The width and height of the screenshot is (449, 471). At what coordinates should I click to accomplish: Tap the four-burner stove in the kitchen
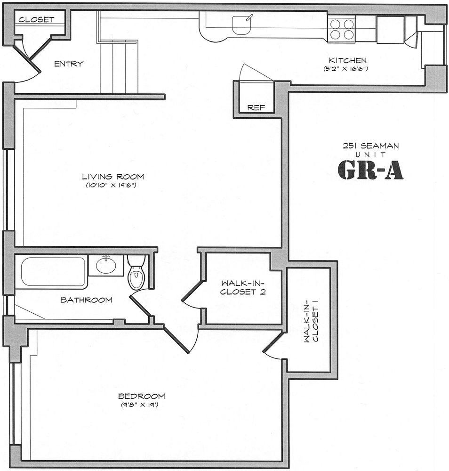[x=341, y=29]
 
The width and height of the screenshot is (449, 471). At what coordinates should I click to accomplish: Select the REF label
[x=256, y=107]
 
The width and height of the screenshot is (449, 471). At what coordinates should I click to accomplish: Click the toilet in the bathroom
[x=136, y=272]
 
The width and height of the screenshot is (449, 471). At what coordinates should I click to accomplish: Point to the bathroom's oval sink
[x=106, y=265]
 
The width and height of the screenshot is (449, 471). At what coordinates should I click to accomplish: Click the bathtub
[x=53, y=272]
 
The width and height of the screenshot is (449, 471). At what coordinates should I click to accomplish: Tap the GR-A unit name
[x=370, y=170]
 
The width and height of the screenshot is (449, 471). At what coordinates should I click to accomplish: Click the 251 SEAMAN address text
[x=371, y=146]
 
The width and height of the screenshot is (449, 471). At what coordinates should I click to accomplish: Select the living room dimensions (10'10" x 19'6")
[x=111, y=185]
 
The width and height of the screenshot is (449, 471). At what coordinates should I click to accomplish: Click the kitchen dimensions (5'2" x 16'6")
[x=346, y=68]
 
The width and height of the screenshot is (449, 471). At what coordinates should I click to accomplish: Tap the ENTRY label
[x=69, y=64]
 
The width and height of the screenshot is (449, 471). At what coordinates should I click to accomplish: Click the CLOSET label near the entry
[x=36, y=20]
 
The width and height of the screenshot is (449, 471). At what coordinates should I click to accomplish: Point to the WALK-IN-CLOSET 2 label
[x=243, y=287]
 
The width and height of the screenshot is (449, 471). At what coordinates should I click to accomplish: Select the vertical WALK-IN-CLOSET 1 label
[x=311, y=321]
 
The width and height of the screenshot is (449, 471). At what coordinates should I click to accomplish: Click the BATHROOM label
[x=86, y=300]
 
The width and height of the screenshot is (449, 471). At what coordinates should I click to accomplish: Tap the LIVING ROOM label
[x=113, y=177]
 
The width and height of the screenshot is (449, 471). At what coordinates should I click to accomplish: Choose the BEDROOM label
[x=141, y=396]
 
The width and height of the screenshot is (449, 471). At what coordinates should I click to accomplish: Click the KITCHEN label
[x=347, y=60]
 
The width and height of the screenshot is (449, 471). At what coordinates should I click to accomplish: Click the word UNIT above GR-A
[x=370, y=154]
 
